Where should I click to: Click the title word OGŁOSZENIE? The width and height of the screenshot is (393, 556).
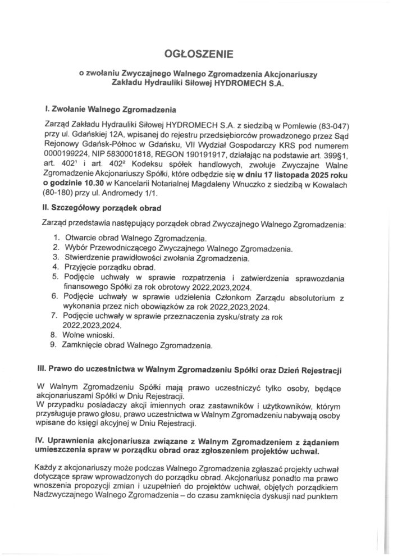[x=196, y=54]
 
